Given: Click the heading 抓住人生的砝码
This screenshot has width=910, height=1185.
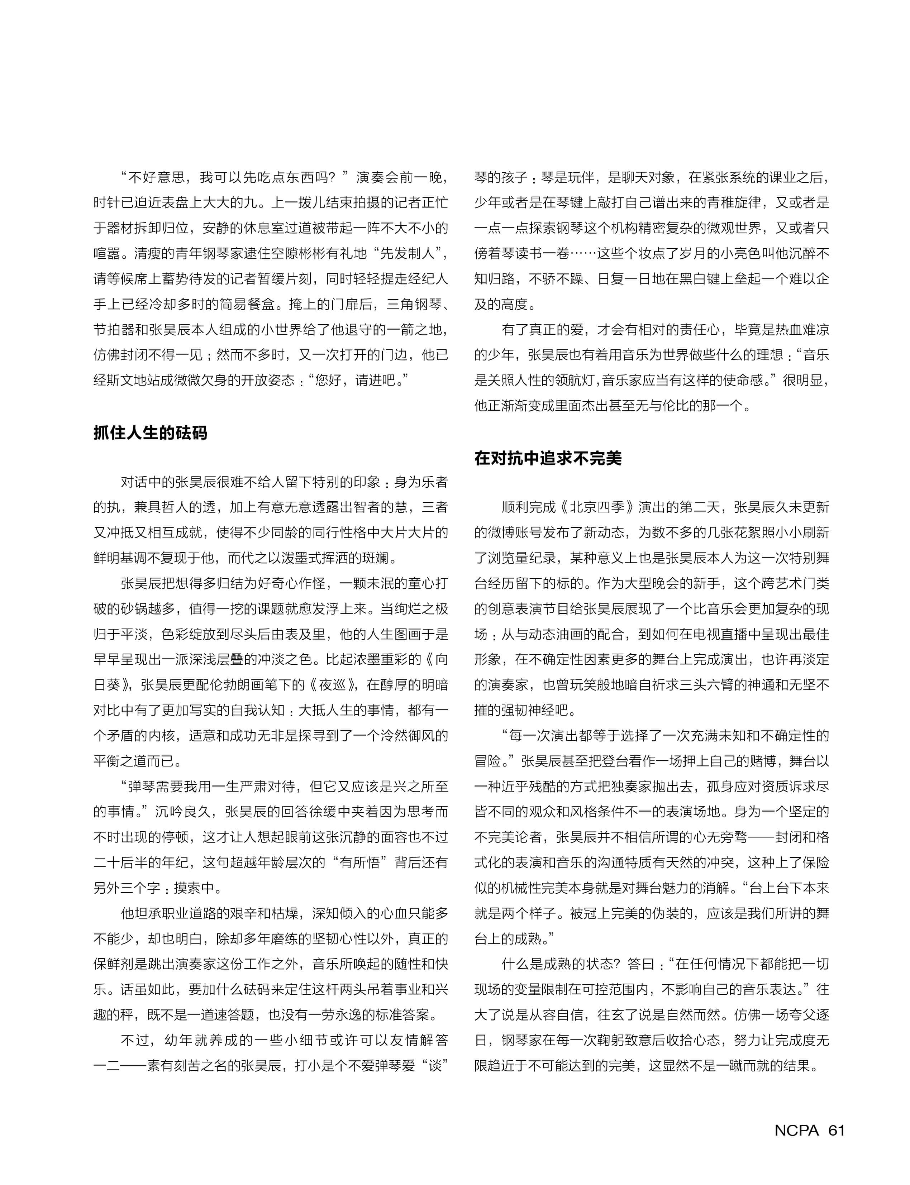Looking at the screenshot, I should tap(150, 433).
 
